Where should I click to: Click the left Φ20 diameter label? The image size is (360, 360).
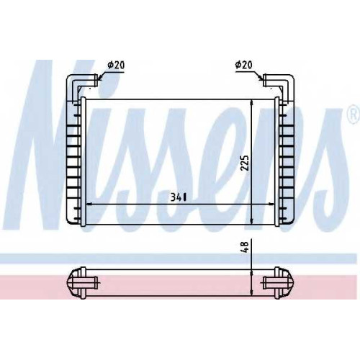(x=116, y=65)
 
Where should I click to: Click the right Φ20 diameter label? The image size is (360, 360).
(x=244, y=65)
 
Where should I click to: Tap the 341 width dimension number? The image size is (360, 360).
(x=179, y=197)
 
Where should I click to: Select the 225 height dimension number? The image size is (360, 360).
(x=245, y=163)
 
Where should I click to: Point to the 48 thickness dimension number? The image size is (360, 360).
(x=246, y=248)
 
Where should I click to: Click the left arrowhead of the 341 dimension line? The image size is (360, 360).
(x=89, y=204)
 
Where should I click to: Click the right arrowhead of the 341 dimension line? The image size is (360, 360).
(x=271, y=204)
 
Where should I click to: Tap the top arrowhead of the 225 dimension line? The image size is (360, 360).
(x=251, y=102)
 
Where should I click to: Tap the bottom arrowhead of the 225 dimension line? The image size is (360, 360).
(x=251, y=221)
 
